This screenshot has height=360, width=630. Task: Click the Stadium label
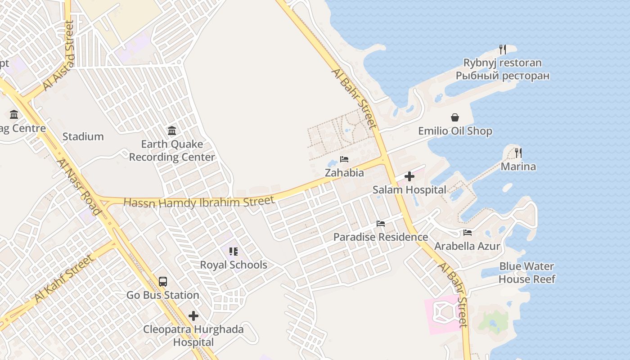coord(83,136)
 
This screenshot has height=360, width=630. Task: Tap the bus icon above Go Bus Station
coord(163,282)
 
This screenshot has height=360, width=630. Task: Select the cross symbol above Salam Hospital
coord(409,176)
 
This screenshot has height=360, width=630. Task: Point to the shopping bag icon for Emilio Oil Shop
coord(455,117)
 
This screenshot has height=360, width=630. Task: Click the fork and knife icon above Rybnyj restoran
coord(503,49)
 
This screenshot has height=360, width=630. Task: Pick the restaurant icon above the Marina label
coord(518,153)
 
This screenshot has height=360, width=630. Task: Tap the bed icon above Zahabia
coord(344,159)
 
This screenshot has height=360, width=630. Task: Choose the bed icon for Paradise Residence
coord(381,224)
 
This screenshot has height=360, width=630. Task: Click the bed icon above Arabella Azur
coord(468,233)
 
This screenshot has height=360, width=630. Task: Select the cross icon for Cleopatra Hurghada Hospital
coord(193,316)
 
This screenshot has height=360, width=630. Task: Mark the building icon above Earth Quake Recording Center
coord(172,131)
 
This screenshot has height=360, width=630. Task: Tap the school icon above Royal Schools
coord(233,251)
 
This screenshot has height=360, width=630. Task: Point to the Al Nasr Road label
coord(79,186)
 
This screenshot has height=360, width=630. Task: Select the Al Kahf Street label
coord(64,278)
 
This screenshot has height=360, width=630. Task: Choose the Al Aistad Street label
coord(58,56)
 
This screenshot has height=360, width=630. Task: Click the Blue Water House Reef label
coord(526,273)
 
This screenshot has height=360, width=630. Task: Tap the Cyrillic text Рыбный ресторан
coord(503,75)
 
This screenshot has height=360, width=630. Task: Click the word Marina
coord(518,166)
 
